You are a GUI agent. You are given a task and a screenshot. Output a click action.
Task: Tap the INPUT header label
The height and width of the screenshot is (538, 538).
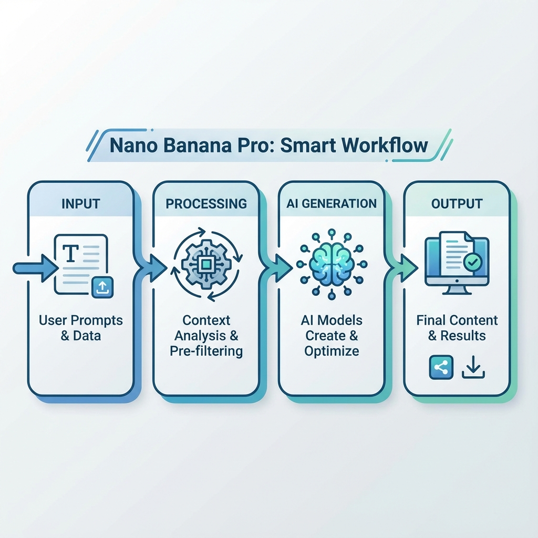[80, 203]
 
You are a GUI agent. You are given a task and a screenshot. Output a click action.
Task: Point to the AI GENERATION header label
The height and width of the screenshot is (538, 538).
[332, 203]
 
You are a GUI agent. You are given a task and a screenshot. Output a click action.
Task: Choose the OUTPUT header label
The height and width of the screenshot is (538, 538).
[457, 203]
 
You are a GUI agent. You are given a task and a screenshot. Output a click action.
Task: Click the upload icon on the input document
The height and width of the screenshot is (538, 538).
[102, 286]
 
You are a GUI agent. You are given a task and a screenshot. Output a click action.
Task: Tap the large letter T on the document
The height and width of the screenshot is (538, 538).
[70, 254]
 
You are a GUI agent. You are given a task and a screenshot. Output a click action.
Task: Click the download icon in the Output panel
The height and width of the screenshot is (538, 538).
[473, 368]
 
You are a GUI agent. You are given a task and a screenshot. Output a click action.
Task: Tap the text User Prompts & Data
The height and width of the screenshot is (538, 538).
[80, 327]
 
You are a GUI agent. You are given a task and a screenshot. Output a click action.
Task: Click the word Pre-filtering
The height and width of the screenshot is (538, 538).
[206, 351]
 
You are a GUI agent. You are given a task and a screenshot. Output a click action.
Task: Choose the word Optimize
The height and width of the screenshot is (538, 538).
[332, 351]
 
